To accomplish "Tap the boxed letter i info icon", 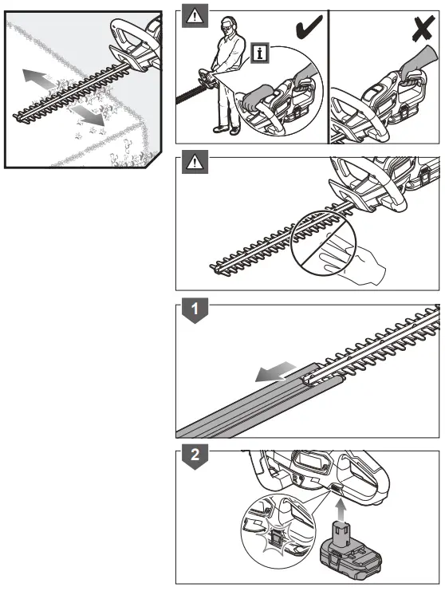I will coord(258,54).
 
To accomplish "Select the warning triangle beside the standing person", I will coord(193,14).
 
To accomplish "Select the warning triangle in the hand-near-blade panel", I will coord(193,164).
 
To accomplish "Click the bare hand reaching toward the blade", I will coord(351,267).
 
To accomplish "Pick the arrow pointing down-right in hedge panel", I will coord(93,116).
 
